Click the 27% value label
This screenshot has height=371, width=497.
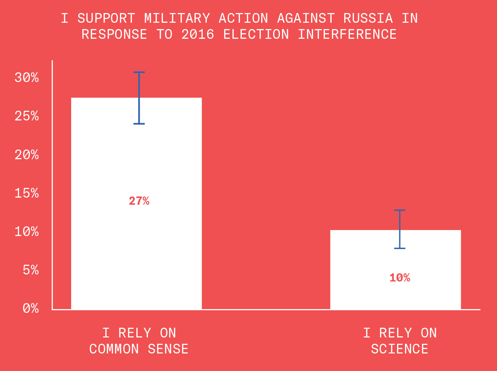coord(139,201)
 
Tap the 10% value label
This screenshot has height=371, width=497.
coord(399,278)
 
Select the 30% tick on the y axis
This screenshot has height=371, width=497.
coord(27,78)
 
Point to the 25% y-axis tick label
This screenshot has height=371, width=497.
coord(27,116)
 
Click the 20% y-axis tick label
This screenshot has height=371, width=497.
coord(27,155)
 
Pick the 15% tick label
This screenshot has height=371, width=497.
coord(27,193)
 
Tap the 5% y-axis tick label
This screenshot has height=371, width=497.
coord(31,270)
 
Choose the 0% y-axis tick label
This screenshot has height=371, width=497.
coord(31,308)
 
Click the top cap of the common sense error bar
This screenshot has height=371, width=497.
coord(139,72)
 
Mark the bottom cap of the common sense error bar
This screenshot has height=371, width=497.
coord(139,123)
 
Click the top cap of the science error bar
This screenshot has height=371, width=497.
coord(399,210)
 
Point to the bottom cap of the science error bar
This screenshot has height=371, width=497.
coord(399,248)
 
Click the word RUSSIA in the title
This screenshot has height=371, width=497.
coord(368,18)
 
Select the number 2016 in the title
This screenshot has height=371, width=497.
coord(198,34)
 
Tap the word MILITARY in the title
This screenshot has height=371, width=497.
coord(177,18)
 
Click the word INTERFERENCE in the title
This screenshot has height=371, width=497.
coord(347,34)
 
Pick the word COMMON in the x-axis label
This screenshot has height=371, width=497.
coord(114,349)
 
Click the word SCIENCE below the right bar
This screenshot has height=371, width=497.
coord(399,349)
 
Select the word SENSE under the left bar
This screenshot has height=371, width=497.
coord(168,349)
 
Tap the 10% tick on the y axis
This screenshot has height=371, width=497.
coord(27,232)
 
